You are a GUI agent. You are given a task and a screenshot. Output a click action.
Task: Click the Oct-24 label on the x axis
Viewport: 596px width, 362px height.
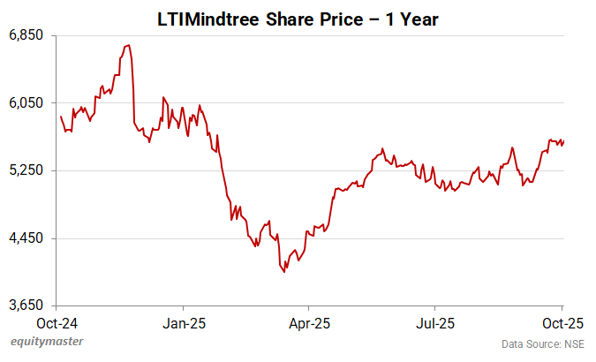point(60,322)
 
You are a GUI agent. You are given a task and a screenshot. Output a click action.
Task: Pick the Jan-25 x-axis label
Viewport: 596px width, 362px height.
point(185,322)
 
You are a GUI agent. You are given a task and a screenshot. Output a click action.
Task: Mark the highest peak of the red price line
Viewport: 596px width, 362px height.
point(129,45)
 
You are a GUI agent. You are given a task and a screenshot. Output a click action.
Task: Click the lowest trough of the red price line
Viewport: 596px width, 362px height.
point(284,272)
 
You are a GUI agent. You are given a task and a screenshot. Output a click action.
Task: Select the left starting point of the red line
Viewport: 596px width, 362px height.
point(60,117)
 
